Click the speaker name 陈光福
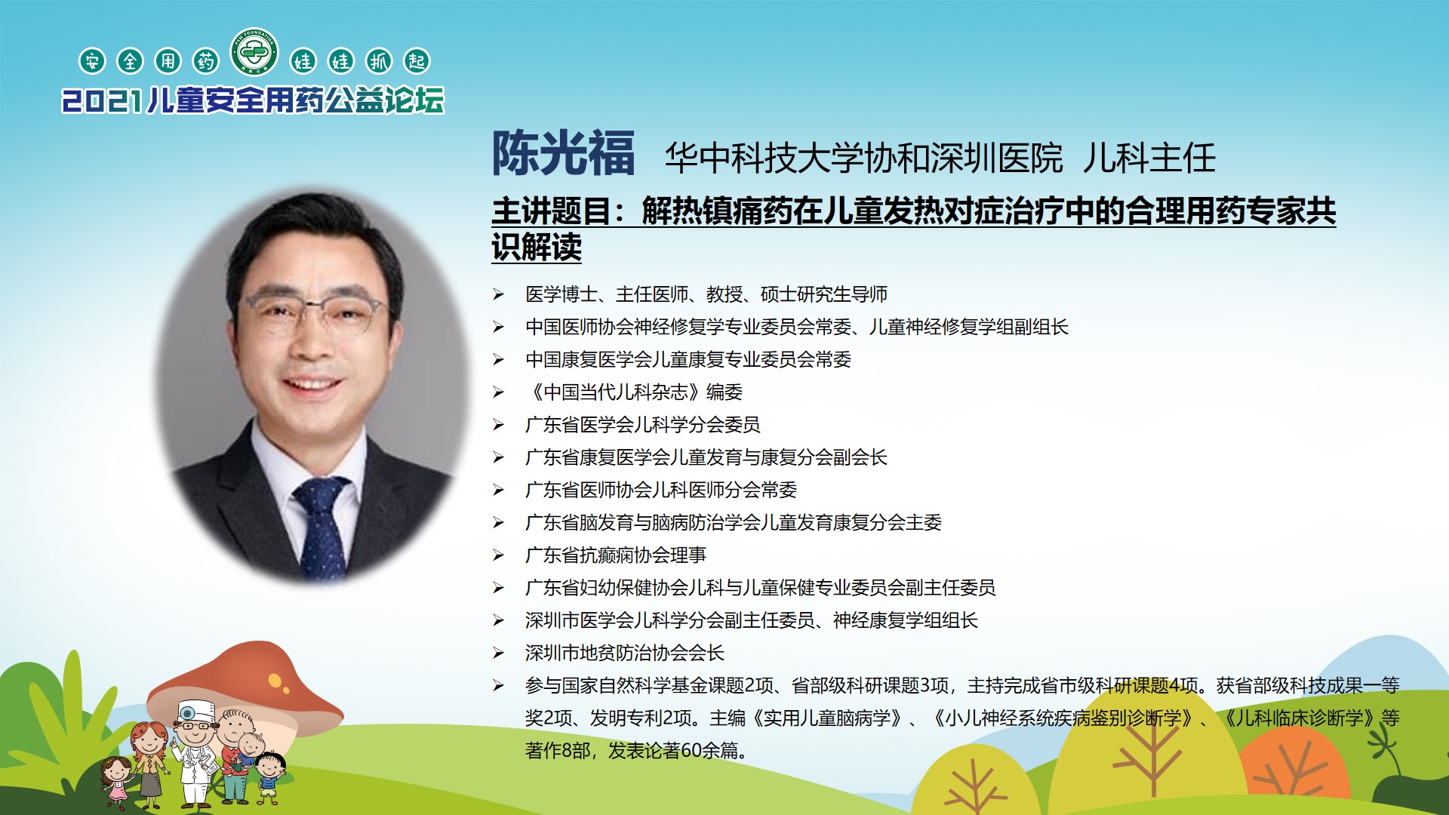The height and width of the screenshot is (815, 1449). [563, 154]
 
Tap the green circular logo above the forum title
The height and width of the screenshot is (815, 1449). [254, 52]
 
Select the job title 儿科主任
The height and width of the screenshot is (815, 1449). [1149, 158]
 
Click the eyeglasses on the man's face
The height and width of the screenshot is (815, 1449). [313, 312]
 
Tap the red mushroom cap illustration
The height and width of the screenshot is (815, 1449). [249, 687]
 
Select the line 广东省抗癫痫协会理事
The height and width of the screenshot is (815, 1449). [616, 555]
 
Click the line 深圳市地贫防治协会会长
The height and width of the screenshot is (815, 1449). [625, 653]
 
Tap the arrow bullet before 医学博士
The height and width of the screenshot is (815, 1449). [498, 294]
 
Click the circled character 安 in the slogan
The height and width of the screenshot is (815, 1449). [92, 61]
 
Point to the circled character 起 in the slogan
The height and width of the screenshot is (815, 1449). [417, 61]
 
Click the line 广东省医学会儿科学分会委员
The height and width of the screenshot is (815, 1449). [643, 425]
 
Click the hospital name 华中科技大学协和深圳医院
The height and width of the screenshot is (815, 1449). [863, 158]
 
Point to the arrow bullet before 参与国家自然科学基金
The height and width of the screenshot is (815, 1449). [498, 685]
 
